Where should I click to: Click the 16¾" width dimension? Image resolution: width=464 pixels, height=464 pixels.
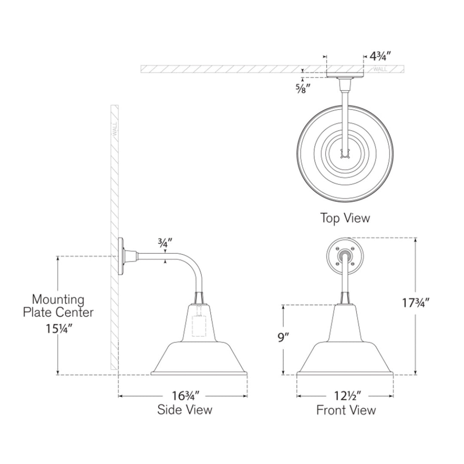coord(186,395)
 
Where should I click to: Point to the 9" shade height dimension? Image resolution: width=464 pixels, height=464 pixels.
coord(283,337)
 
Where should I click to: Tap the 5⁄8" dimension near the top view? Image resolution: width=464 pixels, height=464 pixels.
coord(302,88)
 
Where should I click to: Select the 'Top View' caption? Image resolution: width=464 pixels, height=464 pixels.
coord(345,218)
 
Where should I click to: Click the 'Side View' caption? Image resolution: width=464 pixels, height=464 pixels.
coord(185,409)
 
